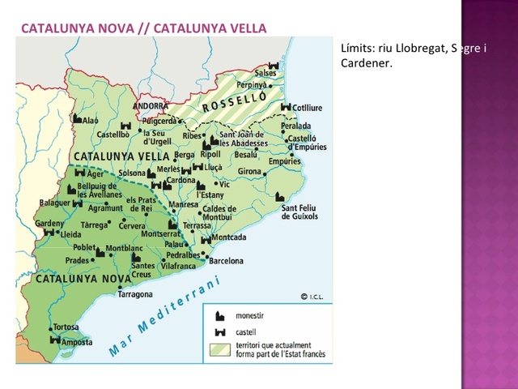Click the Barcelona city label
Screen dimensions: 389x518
click(x=226, y=261)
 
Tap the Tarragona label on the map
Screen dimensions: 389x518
click(x=135, y=295)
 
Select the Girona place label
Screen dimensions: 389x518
click(x=249, y=172)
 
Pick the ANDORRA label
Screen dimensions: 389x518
click(x=150, y=106)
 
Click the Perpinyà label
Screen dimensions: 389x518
click(x=252, y=84)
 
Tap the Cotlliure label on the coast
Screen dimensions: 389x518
click(x=306, y=107)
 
